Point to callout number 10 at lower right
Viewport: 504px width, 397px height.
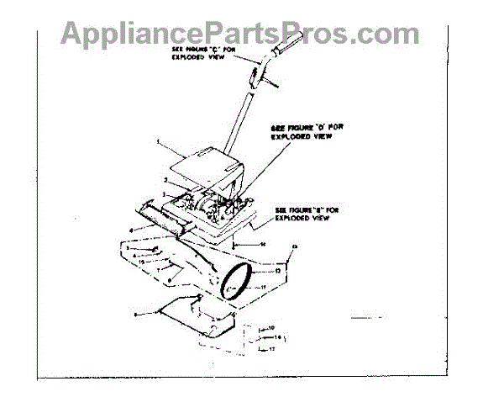pos(270,326)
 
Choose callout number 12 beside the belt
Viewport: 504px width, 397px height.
pos(278,271)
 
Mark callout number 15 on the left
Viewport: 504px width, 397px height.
pos(143,262)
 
